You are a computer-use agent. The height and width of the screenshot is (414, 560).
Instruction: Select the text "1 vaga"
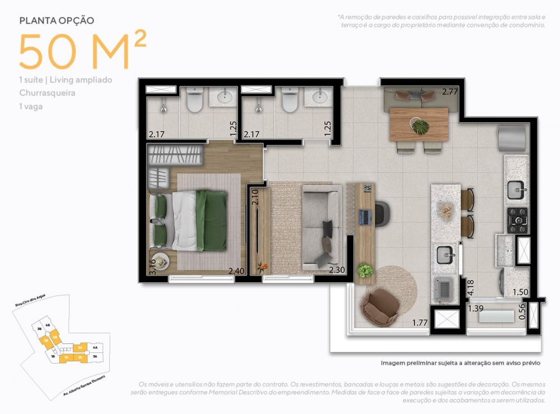(x=31, y=105)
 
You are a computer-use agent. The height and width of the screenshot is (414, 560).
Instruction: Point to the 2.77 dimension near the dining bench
(x=450, y=91)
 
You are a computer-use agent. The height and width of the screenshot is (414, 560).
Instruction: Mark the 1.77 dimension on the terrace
(x=420, y=322)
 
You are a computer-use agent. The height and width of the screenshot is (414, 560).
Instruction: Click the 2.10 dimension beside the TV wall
(x=255, y=198)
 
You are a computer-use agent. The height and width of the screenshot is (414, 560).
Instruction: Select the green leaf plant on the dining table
(x=419, y=127)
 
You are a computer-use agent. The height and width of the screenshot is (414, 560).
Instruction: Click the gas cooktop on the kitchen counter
(x=517, y=220)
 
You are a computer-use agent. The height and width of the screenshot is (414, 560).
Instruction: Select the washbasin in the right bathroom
(x=319, y=99)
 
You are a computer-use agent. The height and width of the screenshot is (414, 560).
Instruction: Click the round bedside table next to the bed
(x=161, y=262)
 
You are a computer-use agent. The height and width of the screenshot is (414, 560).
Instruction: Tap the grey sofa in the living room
(x=322, y=227)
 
